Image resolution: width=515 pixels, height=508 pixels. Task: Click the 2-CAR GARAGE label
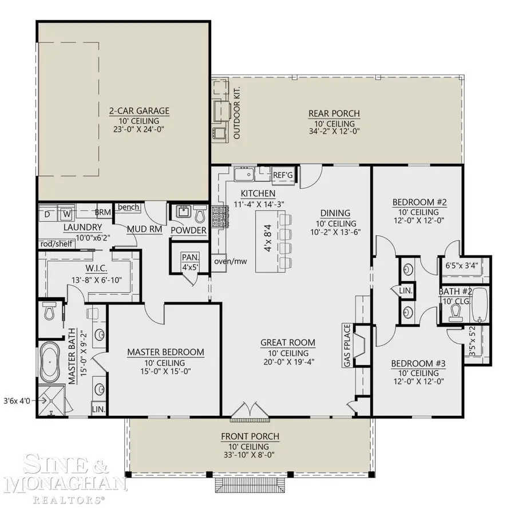[x=139, y=111]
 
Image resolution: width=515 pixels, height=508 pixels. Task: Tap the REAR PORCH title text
[x=334, y=113]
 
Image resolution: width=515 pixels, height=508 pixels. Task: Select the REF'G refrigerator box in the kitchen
[x=283, y=175]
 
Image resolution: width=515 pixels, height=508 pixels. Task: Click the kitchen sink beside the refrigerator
[x=244, y=174]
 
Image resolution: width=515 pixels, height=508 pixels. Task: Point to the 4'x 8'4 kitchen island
[x=268, y=242]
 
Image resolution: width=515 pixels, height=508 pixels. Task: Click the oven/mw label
[x=231, y=262]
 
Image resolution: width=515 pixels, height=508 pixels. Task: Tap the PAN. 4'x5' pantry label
[x=191, y=262]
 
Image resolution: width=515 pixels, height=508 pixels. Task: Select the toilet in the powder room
[x=200, y=214]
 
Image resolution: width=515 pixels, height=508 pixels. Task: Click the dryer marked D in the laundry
[x=47, y=214]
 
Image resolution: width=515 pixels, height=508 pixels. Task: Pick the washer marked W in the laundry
[x=67, y=214]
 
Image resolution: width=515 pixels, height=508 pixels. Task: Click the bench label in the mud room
[x=128, y=207]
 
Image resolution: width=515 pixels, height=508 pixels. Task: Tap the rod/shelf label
[x=56, y=244]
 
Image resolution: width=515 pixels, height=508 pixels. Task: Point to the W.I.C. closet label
[x=96, y=268]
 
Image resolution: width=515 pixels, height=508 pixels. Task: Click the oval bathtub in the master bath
[x=50, y=362]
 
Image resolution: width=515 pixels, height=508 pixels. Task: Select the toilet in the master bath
[x=49, y=311]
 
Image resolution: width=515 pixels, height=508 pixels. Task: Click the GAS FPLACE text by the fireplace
[x=347, y=345]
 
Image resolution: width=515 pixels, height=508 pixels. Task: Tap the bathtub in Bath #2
[x=481, y=305]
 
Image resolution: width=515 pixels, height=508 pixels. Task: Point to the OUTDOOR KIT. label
[x=236, y=113]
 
